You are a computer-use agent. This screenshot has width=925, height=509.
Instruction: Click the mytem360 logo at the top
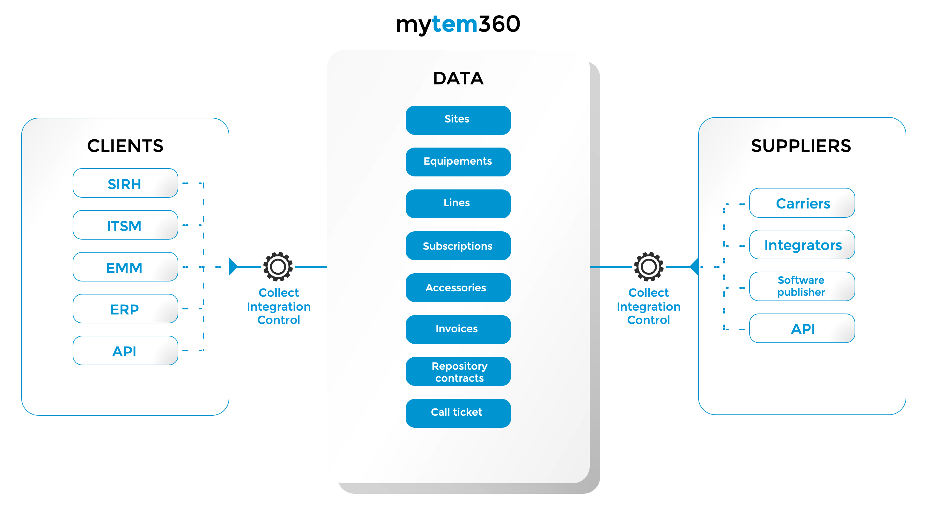pos(458,24)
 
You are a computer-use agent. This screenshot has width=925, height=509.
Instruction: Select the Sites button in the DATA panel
pos(458,120)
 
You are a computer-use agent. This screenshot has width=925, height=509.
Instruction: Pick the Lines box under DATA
pos(458,204)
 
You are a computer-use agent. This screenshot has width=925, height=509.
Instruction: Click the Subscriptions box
pos(458,246)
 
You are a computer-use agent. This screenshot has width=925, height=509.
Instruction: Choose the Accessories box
pos(458,288)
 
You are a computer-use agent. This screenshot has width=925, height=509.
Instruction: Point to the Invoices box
pos(458,329)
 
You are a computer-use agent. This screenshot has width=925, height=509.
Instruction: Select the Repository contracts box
pos(458,371)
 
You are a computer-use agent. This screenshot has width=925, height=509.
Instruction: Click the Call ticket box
pos(458,413)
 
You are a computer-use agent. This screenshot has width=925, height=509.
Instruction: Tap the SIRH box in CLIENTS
pos(125,183)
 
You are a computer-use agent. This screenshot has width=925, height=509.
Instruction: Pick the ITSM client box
pos(125,225)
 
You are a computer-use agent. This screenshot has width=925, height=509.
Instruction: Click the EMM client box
pos(125,267)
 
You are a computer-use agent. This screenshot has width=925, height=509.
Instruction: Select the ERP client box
pos(125,308)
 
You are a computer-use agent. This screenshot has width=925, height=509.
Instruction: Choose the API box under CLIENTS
pos(125,351)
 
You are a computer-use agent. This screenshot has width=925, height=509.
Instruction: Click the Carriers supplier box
pos(802,203)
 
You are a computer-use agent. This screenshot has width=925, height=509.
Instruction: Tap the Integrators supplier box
pos(802,245)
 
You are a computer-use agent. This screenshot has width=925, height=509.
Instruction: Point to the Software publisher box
pos(802,286)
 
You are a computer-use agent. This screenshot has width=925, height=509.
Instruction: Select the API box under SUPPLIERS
pos(802,328)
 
